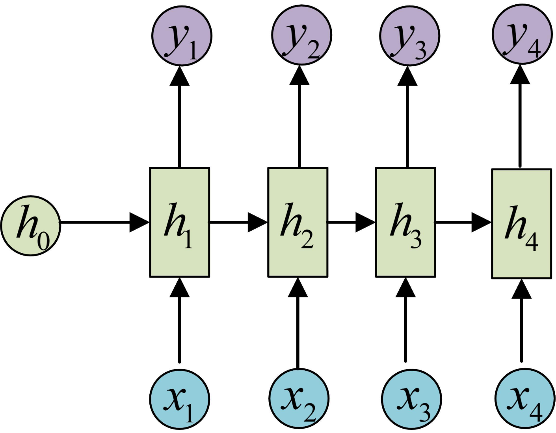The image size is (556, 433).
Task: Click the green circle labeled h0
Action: pyautogui.click(x=31, y=226)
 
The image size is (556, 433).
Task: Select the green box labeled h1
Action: pyautogui.click(x=179, y=222)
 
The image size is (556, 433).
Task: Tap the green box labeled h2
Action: pyautogui.click(x=298, y=222)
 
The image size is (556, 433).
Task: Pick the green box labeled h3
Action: pyautogui.click(x=405, y=222)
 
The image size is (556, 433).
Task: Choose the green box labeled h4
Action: pyautogui.click(x=521, y=224)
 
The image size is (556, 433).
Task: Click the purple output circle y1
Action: pyautogui.click(x=182, y=35)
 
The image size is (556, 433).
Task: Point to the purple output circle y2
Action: pyautogui.click(x=302, y=35)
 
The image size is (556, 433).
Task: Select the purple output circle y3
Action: pyautogui.click(x=410, y=35)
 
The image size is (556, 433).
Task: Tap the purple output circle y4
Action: pyautogui.click(x=522, y=34)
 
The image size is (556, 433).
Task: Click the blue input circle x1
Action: pyautogui.click(x=180, y=399)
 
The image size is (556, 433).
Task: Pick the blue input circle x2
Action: pyautogui.click(x=299, y=398)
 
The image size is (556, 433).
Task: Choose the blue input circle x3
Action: pyautogui.click(x=411, y=399)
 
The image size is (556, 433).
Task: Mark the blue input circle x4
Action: pyautogui.click(x=525, y=398)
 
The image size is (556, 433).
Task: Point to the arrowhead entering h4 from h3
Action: pyautogui.click(x=482, y=222)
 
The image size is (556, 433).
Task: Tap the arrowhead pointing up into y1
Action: pyautogui.click(x=180, y=76)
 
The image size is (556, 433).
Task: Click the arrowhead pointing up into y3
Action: pyautogui.click(x=407, y=76)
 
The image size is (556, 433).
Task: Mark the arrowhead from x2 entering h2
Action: pyautogui.click(x=298, y=287)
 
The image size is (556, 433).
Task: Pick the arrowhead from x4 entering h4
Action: pyautogui.click(x=521, y=289)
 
